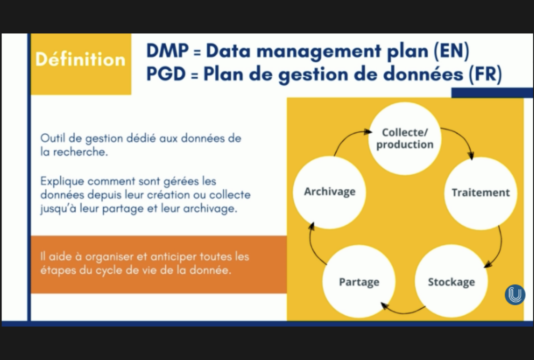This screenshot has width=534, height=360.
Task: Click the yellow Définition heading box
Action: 81,60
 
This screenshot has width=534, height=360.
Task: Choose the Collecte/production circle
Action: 405,138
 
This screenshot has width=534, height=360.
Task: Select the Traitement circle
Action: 480,193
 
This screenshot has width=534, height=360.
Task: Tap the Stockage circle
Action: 451,282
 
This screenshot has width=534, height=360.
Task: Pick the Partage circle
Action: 359,282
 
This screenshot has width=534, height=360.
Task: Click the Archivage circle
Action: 329,192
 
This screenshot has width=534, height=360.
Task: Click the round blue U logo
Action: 515,295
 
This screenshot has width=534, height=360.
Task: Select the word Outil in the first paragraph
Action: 51,138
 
